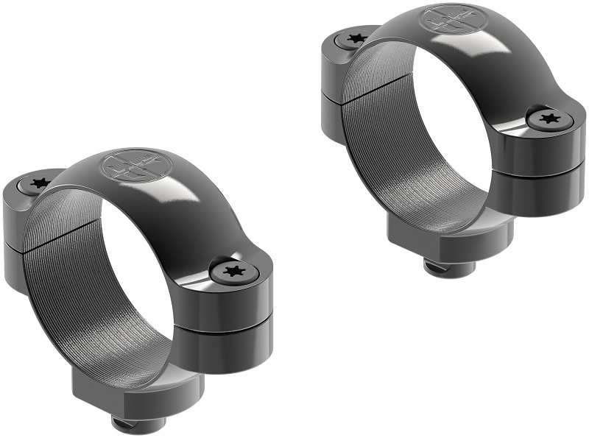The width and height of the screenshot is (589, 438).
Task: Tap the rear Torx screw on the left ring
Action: point(38,183)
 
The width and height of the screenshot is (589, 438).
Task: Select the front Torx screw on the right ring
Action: point(547,118)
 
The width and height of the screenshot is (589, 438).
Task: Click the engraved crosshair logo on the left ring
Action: point(133,164)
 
